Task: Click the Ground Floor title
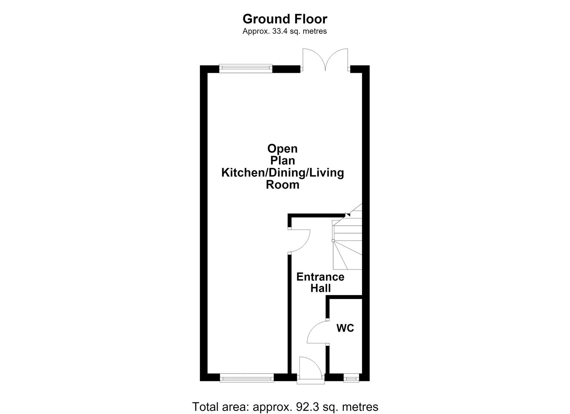coord(285,19)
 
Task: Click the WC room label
coord(345,328)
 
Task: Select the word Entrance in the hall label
coord(320,277)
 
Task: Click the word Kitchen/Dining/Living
coord(283,172)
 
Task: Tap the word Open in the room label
coord(283,149)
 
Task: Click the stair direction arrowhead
coord(348,215)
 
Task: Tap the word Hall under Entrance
coord(321,288)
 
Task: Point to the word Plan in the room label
coord(283,161)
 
